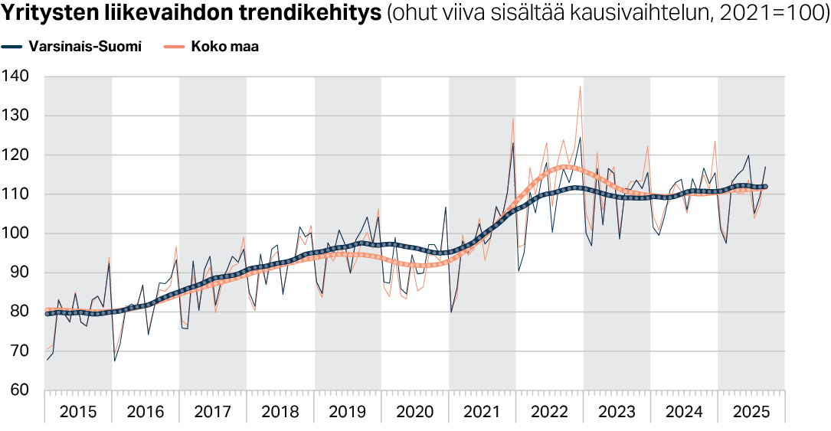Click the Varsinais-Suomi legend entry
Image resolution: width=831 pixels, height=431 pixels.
(x=84, y=47)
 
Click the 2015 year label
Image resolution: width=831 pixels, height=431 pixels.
(x=78, y=412)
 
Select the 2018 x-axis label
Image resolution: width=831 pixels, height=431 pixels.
(x=280, y=412)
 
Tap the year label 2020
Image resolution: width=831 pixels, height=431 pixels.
(x=414, y=412)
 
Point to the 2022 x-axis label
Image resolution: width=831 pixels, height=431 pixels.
(x=549, y=412)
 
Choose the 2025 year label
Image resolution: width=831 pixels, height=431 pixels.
(x=751, y=412)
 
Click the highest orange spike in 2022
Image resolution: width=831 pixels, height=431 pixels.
(x=580, y=87)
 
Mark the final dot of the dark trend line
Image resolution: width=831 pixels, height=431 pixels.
(x=765, y=187)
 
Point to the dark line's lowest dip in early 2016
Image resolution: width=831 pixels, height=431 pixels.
(x=115, y=361)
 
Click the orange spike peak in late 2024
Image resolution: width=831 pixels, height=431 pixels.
(x=715, y=141)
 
